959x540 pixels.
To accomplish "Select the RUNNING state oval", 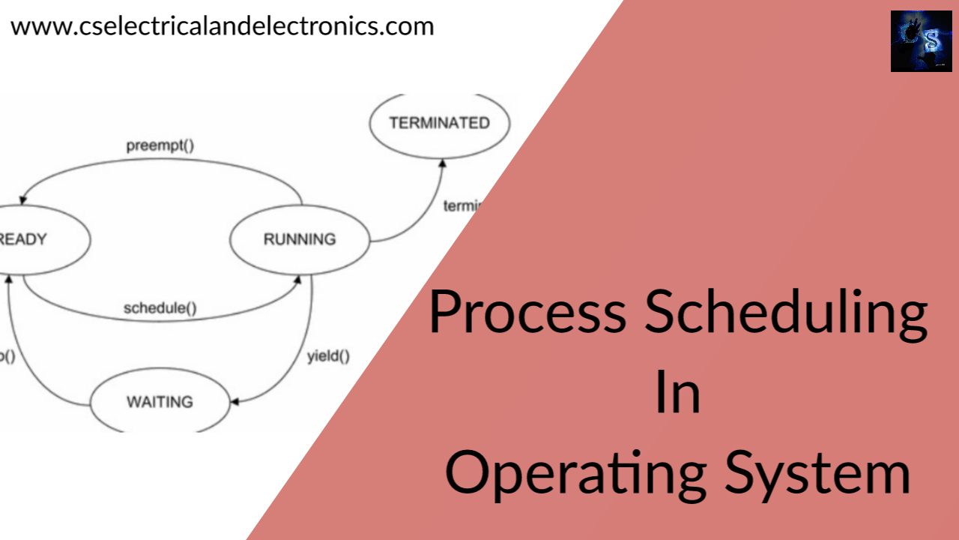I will [x=300, y=240].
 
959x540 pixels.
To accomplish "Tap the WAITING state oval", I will [x=160, y=402].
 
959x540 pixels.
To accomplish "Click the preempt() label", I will [x=160, y=144].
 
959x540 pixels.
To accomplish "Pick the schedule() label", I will [x=160, y=307].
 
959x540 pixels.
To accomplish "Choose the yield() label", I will [x=328, y=356].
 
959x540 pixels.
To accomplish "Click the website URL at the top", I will [x=222, y=27].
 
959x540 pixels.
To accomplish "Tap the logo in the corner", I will [x=921, y=41].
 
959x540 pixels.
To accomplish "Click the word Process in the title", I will [x=527, y=313].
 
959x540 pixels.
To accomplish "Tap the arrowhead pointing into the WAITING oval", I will [x=235, y=403].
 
